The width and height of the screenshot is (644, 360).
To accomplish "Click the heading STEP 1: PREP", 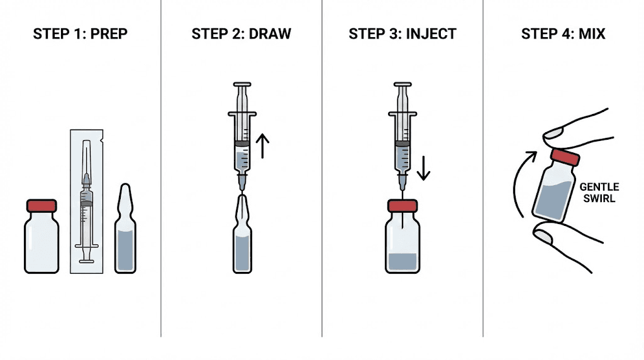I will click(80, 34).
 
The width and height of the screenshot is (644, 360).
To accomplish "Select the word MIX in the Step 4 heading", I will click(592, 34).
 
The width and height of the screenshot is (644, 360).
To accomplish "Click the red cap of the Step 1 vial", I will click(42, 206).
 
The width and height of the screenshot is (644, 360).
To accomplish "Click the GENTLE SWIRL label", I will click(599, 192).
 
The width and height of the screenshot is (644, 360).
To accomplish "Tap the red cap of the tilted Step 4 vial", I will click(564, 157).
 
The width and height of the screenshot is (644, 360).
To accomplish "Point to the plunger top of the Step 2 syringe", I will click(242, 84).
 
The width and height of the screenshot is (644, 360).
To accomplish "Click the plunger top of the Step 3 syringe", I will click(402, 84).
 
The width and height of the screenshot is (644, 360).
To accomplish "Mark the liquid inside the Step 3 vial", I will click(402, 261).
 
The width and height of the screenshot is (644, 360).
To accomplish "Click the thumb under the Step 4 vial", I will click(546, 237).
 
